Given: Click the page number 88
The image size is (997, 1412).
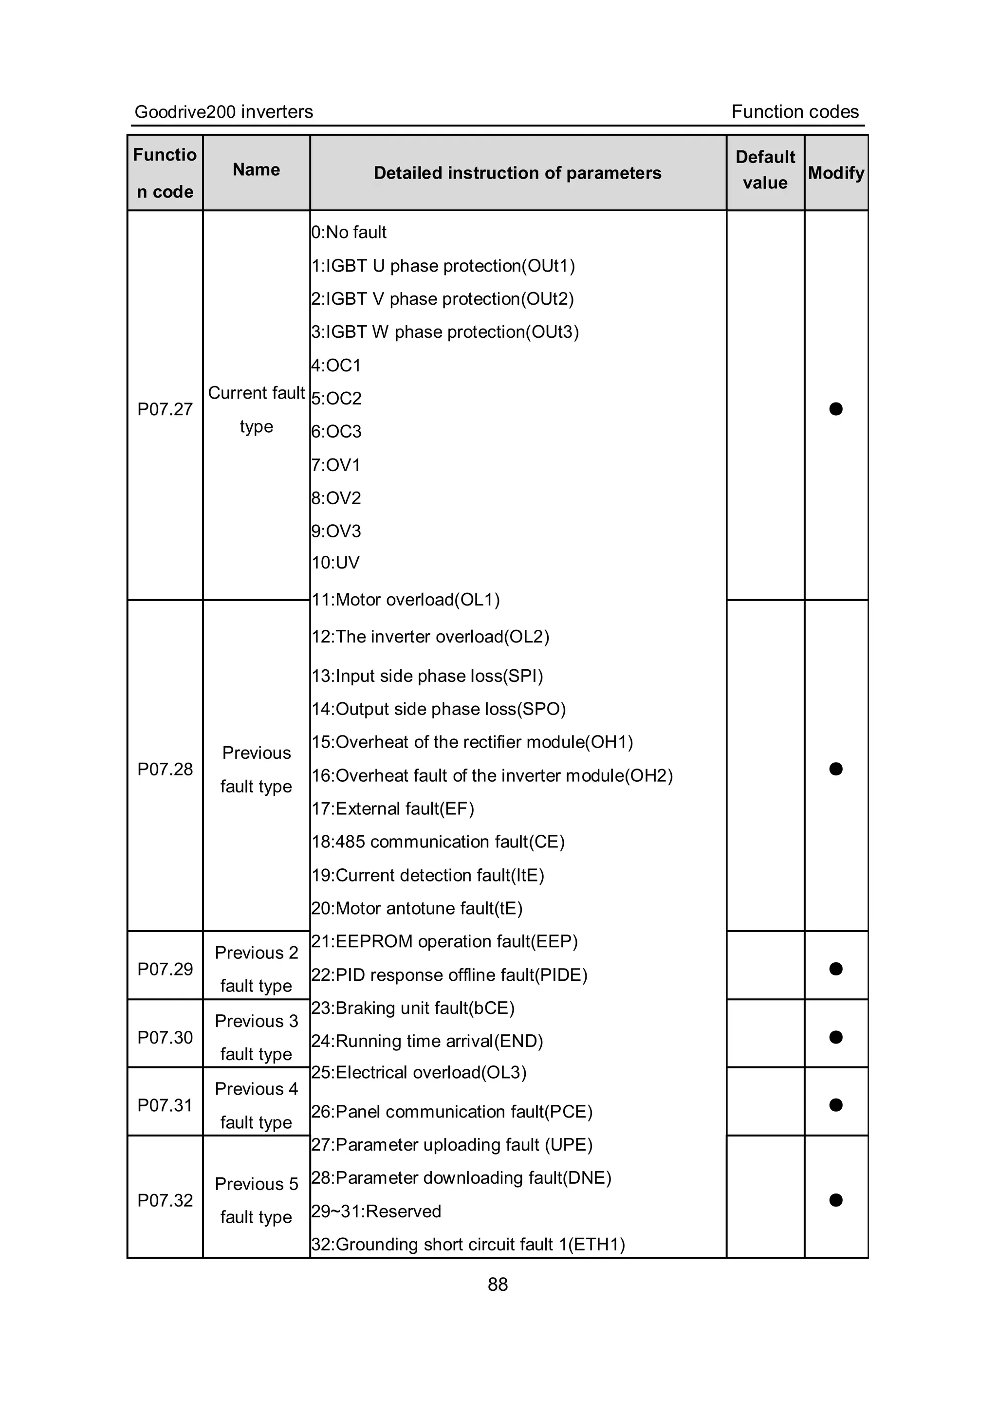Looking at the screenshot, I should pyautogui.click(x=498, y=1284).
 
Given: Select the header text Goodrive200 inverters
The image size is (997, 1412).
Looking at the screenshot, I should pyautogui.click(x=224, y=112).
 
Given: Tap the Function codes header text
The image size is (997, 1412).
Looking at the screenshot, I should pyautogui.click(x=794, y=112).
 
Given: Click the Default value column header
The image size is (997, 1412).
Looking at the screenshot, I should pyautogui.click(x=765, y=170).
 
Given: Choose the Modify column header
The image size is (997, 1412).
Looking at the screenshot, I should pyautogui.click(x=836, y=173).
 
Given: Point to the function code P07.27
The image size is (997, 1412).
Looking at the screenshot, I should pyautogui.click(x=165, y=409).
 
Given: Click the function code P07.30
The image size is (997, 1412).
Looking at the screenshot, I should pyautogui.click(x=165, y=1038).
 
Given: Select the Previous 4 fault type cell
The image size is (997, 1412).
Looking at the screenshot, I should pyautogui.click(x=257, y=1105).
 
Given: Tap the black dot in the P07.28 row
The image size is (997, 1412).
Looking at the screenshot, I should pyautogui.click(x=836, y=769).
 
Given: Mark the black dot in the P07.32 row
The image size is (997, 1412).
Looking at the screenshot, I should pyautogui.click(x=836, y=1200).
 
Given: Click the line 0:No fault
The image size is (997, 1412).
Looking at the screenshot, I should pyautogui.click(x=349, y=233).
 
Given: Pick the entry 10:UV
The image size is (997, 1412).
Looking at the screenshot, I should pyautogui.click(x=336, y=563).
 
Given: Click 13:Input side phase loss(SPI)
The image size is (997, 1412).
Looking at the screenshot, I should pyautogui.click(x=427, y=676).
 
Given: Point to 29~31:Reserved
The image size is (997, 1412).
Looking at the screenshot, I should pyautogui.click(x=376, y=1211).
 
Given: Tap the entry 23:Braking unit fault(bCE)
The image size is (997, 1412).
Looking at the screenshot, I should pyautogui.click(x=413, y=1008).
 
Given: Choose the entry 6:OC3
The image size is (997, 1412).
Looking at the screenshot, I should pyautogui.click(x=336, y=432).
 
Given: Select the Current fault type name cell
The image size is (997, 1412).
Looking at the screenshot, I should pyautogui.click(x=257, y=409).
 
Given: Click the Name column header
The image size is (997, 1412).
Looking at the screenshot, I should pyautogui.click(x=257, y=170).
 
